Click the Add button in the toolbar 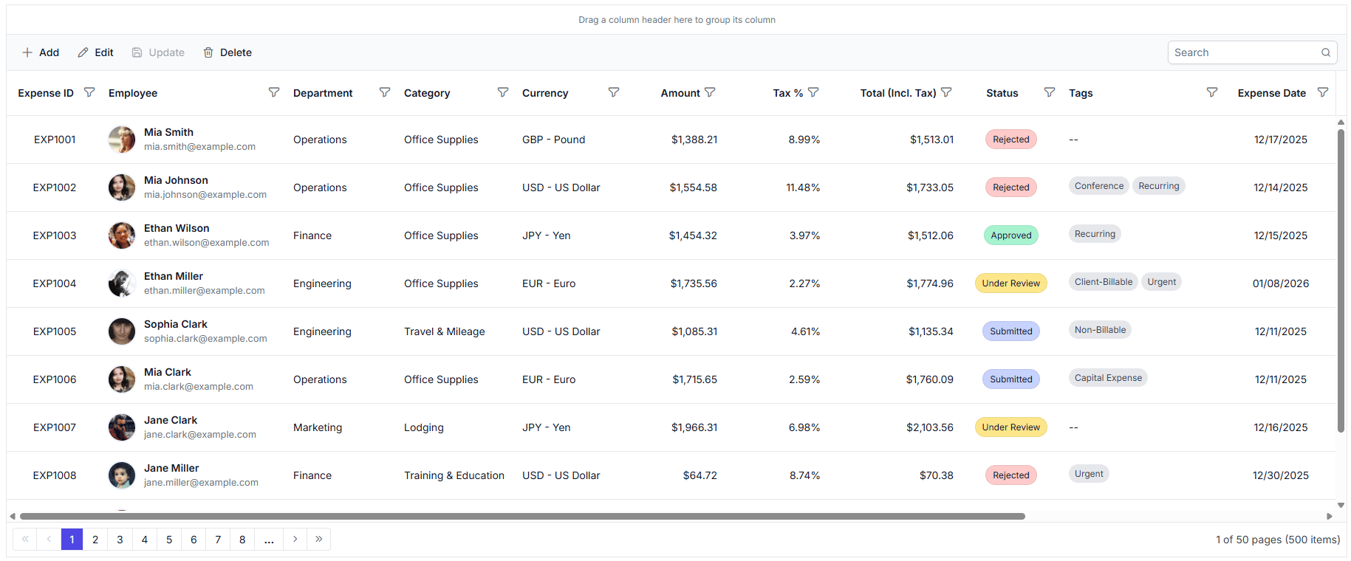pos(41,52)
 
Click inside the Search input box pos(1245,52)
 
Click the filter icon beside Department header pos(385,92)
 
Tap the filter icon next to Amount pos(710,92)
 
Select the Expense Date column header pos(1271,93)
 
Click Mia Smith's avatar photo pos(122,140)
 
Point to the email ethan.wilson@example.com pos(206,243)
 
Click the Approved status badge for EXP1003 pos(1010,235)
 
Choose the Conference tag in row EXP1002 pos(1098,186)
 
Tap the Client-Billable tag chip pos(1103,282)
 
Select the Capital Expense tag pos(1107,378)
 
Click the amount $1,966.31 pos(694,427)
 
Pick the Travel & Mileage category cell pos(444,331)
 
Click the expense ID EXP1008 pos(55,475)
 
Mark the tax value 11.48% pos(803,187)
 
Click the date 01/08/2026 pos(1280,283)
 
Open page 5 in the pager pos(169,540)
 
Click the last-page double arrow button pos(318,540)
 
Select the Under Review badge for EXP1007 pos(1010,427)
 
